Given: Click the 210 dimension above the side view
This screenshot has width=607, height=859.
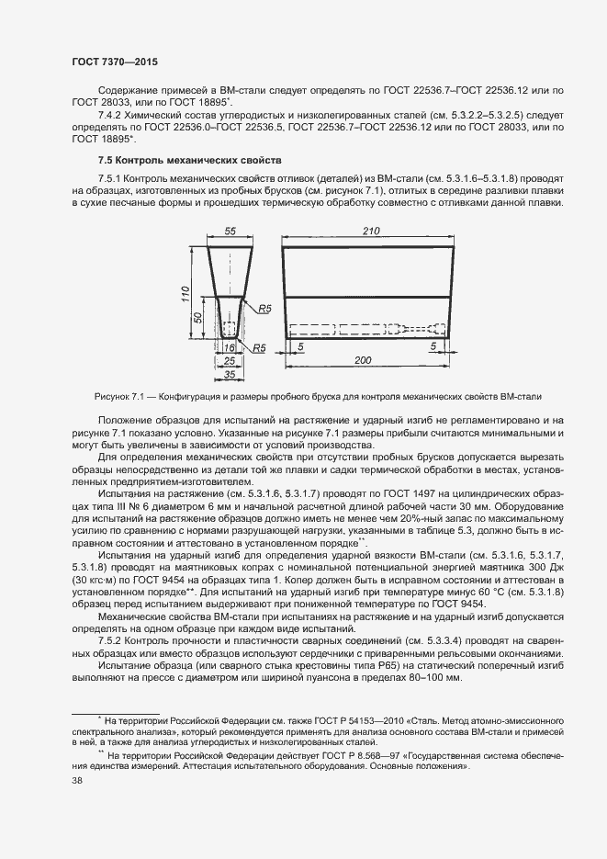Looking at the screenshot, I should point(371,232).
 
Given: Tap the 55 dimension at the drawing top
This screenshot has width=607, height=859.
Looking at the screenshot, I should point(230,232).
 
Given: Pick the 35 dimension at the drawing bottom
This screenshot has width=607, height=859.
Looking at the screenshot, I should point(230,376).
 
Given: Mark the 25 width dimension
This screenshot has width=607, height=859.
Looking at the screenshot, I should point(230,362).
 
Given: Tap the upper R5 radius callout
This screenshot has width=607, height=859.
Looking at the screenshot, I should point(265,310).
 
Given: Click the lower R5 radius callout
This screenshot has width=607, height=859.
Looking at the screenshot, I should point(260,348).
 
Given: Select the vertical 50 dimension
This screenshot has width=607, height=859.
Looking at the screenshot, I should point(198,317).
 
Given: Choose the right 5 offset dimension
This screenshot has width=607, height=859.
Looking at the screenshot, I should point(433,347).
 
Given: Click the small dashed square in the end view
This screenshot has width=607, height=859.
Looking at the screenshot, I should point(230,326).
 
